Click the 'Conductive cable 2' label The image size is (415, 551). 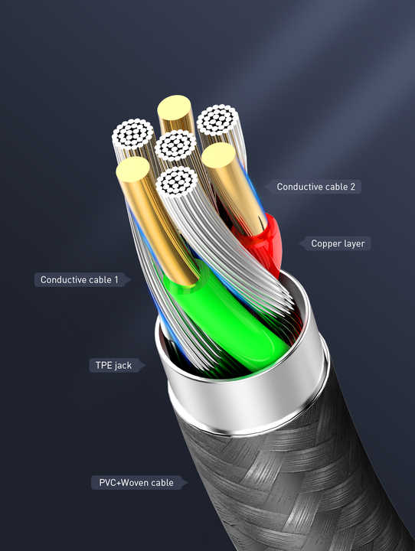(315, 187)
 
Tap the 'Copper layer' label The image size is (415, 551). (338, 243)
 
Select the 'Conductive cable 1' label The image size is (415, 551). (80, 280)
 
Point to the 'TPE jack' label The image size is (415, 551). (113, 366)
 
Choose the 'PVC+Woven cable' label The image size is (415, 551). (136, 482)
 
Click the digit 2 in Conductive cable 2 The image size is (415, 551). (352, 187)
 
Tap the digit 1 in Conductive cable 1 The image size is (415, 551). (116, 280)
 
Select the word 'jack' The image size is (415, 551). (123, 366)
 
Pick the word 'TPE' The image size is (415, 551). (104, 365)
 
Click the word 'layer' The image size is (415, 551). (353, 243)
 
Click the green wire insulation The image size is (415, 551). (229, 316)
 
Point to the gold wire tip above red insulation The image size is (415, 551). (218, 155)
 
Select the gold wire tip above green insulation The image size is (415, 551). (133, 169)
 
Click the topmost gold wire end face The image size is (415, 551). (175, 107)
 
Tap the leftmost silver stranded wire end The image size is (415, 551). (133, 133)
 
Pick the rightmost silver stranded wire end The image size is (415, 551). (217, 119)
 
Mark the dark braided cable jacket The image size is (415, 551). (296, 485)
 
